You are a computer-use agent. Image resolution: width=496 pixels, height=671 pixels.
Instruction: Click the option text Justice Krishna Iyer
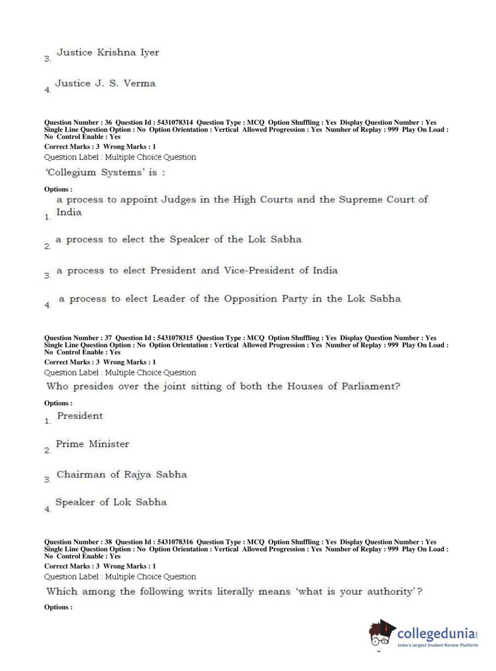click(108, 52)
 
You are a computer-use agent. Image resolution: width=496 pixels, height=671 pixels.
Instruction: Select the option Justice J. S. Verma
click(105, 84)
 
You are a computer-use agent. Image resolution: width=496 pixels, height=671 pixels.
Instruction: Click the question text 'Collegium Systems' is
click(105, 173)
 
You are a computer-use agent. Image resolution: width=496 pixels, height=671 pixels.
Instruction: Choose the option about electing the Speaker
click(178, 240)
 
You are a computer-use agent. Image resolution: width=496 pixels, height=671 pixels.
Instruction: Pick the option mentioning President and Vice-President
click(197, 271)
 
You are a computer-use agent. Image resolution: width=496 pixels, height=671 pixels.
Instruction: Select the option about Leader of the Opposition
click(229, 299)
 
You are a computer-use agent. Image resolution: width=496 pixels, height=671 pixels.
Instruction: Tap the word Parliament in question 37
click(370, 386)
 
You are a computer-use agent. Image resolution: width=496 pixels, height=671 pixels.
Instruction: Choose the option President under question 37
click(80, 416)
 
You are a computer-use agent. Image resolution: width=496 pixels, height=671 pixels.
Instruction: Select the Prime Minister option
click(92, 444)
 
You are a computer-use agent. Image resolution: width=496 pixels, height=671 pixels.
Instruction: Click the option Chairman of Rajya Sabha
click(121, 475)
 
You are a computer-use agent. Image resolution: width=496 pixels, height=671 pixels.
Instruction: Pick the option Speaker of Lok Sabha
click(111, 502)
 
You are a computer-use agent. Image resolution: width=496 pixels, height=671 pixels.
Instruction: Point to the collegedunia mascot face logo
click(382, 633)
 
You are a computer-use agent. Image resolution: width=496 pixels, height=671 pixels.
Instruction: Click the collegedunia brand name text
click(436, 633)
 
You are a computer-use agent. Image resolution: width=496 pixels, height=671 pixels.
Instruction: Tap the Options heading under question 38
click(58, 607)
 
